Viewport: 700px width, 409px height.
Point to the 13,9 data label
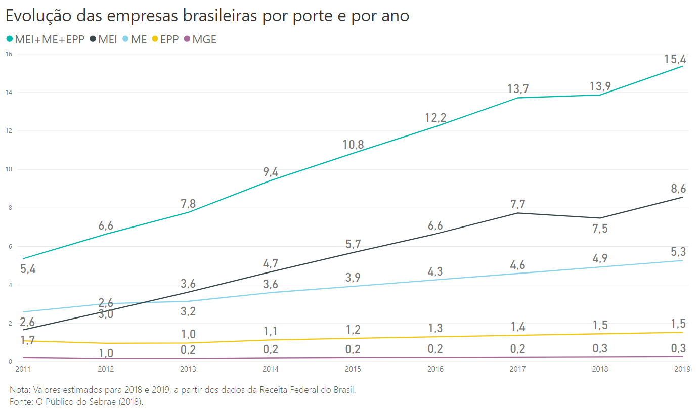[600, 87]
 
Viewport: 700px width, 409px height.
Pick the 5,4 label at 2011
[28, 269]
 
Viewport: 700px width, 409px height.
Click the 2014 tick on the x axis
[270, 369]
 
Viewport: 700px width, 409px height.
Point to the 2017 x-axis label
[517, 369]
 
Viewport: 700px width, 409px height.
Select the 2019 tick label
[683, 369]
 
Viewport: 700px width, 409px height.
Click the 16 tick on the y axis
[9, 54]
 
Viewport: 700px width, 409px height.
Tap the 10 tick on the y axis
[9, 169]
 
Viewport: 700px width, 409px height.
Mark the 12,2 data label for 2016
[435, 118]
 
